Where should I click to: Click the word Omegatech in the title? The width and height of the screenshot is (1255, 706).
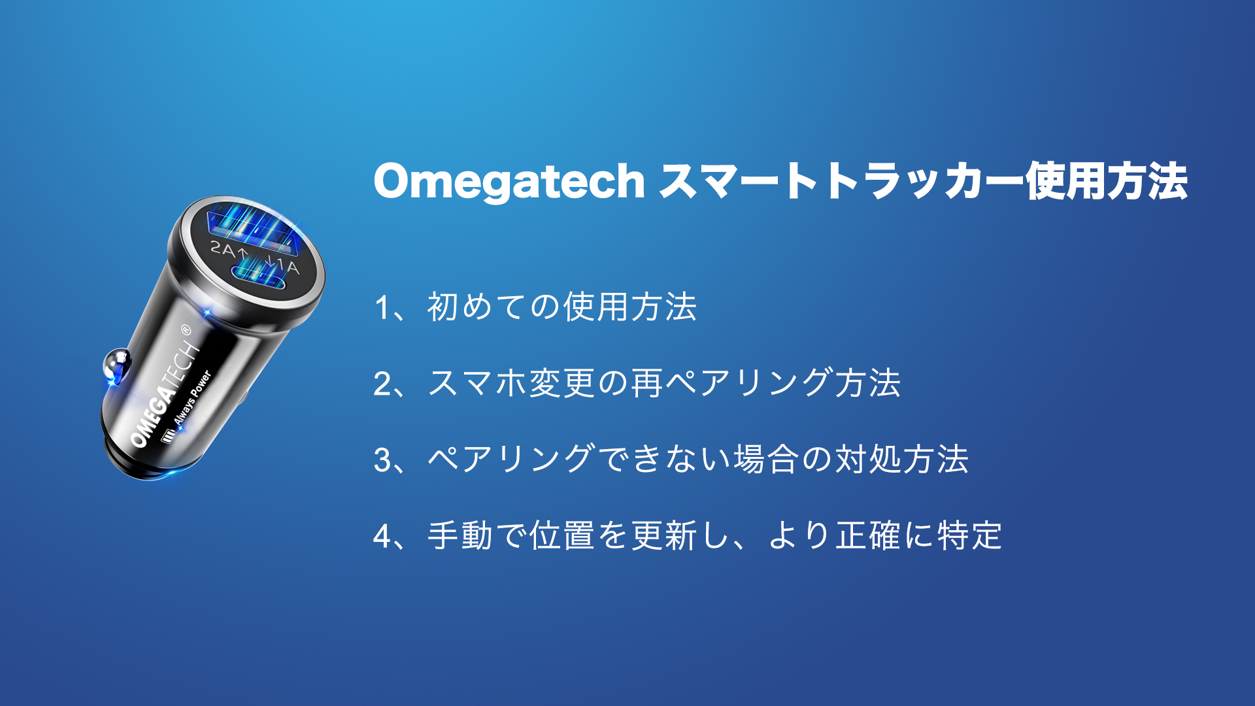(509, 182)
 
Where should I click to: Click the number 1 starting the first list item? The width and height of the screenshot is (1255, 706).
(383, 307)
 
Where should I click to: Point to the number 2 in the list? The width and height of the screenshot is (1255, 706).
(383, 384)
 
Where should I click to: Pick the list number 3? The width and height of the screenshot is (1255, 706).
(383, 460)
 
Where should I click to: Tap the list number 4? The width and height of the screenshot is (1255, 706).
(383, 537)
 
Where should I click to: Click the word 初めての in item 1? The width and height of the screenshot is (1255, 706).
(494, 307)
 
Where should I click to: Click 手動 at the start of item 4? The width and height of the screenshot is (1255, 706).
(460, 536)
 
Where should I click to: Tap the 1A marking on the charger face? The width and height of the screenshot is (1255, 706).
(287, 266)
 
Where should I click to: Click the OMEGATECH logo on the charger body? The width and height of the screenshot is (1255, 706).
(163, 395)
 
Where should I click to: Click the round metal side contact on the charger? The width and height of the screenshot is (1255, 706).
(117, 365)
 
